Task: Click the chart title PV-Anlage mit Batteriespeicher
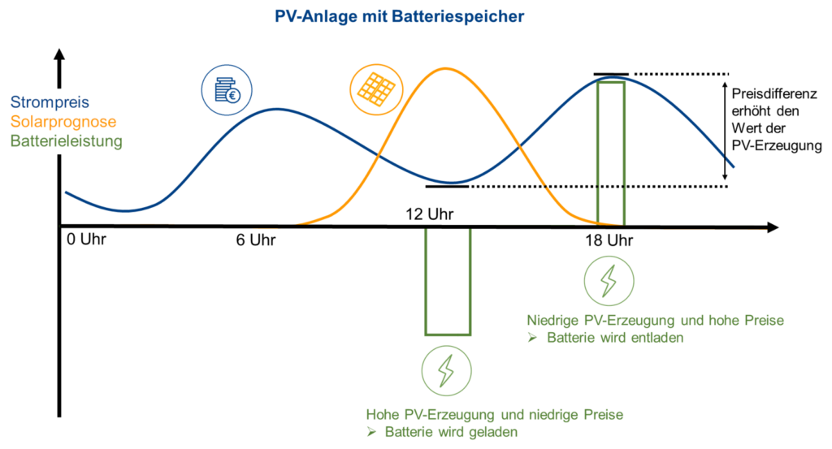[399, 16]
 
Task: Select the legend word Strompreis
[50, 102]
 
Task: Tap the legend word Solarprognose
[63, 122]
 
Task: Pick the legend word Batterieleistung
[67, 141]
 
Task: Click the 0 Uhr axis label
[86, 240]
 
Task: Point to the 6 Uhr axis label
[256, 240]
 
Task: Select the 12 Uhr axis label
[429, 214]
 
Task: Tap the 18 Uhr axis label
[609, 240]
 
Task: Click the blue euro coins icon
[227, 90]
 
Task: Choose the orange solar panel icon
[376, 89]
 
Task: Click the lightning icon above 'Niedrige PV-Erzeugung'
[609, 281]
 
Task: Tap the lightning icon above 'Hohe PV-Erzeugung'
[446, 371]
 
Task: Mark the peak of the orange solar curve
[446, 68]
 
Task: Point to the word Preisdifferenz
[774, 94]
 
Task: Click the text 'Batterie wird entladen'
[615, 338]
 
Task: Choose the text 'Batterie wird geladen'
[451, 432]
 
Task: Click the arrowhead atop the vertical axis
[59, 54]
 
